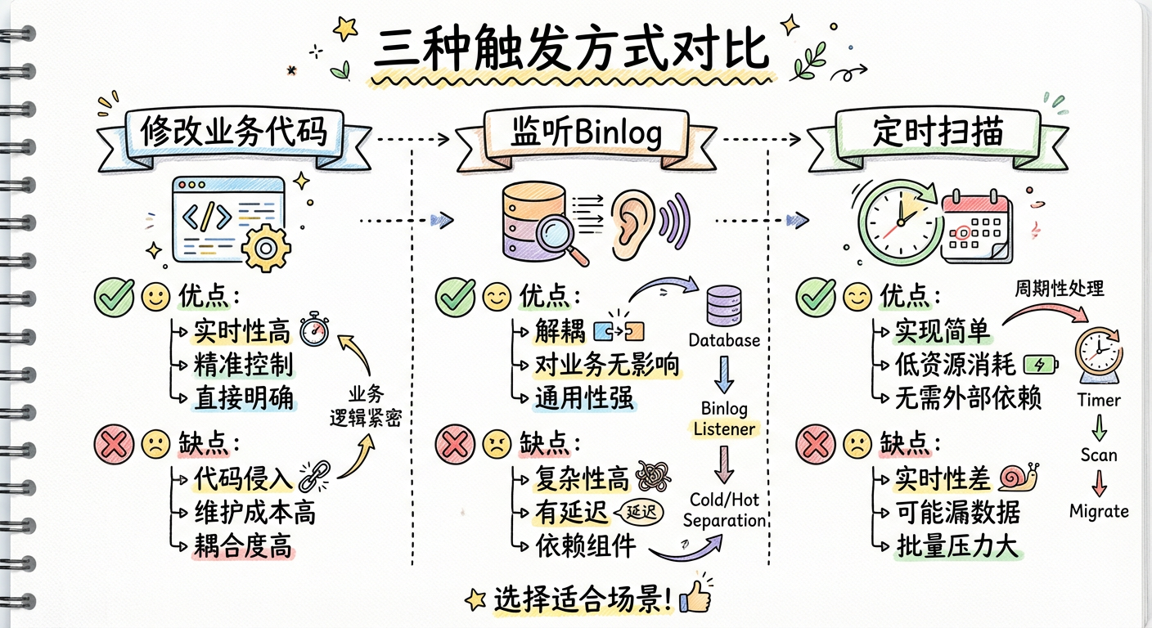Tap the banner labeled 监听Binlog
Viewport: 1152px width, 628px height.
[572, 133]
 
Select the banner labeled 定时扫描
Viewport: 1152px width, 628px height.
[937, 133]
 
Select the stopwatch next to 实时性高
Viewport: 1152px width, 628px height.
[313, 330]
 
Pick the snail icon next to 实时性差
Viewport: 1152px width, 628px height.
[1019, 476]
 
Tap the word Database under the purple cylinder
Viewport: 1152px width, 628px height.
[723, 340]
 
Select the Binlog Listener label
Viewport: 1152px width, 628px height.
[724, 418]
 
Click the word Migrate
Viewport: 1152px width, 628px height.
[1099, 511]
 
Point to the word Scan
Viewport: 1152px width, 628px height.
[1099, 455]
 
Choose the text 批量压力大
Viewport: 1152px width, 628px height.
[956, 545]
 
